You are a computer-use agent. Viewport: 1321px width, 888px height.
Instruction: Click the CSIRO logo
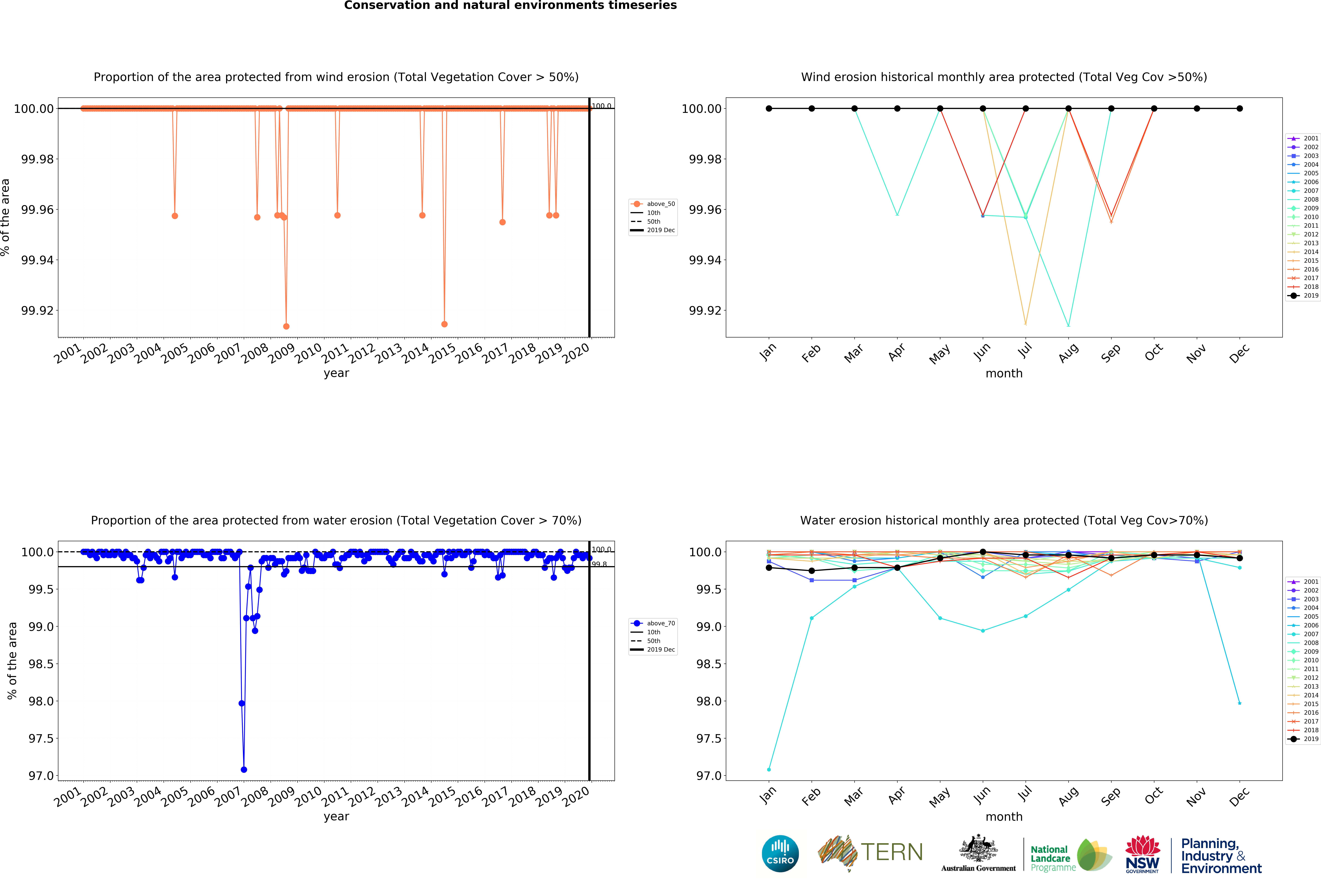click(x=780, y=853)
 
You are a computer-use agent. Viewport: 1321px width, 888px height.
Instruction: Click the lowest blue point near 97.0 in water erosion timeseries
click(x=244, y=770)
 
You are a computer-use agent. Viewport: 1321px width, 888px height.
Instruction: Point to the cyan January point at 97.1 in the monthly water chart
click(x=769, y=770)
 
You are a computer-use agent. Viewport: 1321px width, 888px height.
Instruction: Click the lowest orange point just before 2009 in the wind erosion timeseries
click(x=287, y=326)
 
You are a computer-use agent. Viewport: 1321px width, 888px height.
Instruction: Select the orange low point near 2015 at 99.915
click(x=445, y=324)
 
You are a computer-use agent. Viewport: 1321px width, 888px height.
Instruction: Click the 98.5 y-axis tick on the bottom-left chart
click(x=41, y=664)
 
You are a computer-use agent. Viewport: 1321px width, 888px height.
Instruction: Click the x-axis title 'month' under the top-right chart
click(x=1004, y=374)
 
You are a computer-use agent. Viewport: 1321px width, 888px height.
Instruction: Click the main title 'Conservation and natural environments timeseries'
click(x=510, y=6)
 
